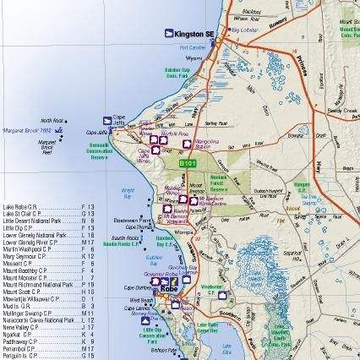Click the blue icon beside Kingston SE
(x=169, y=33)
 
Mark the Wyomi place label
(x=195, y=59)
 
